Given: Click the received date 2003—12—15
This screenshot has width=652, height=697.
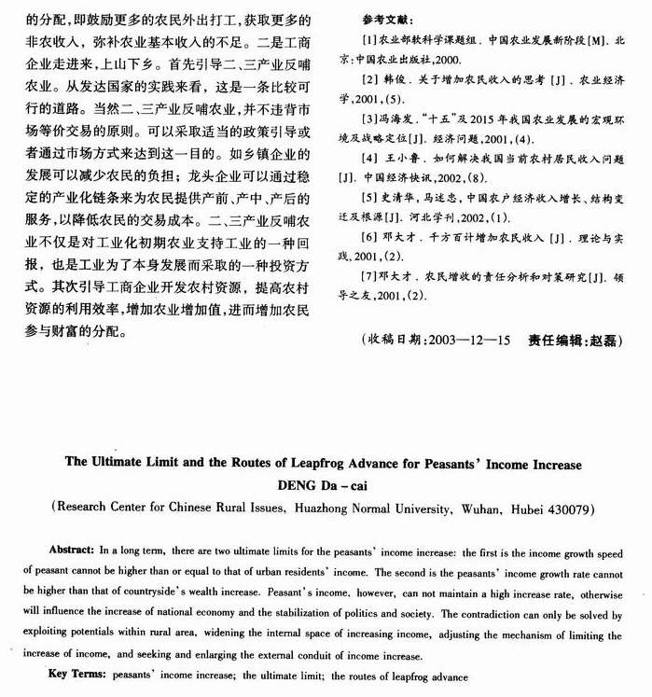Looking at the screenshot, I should click(471, 340).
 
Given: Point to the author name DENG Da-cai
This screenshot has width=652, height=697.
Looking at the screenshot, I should click(326, 484).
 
